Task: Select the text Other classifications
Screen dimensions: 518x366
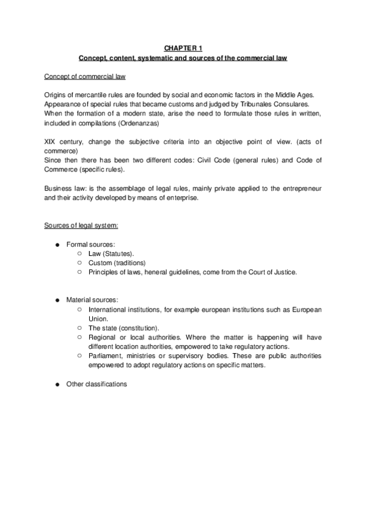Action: point(97,384)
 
